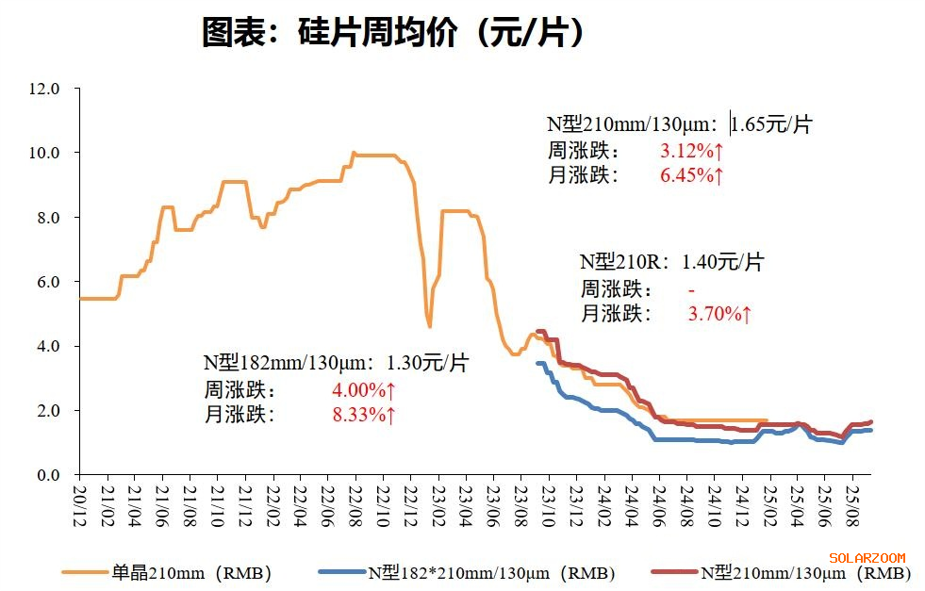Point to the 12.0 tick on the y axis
44,89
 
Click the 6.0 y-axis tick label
47,282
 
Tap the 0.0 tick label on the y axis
47,475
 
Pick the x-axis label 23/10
550,501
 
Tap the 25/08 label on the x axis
853,501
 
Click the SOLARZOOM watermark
867,557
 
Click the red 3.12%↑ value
692,150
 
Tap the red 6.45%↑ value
692,175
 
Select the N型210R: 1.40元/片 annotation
671,262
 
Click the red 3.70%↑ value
719,314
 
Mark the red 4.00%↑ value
364,389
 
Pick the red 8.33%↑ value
364,415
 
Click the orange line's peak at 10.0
354,153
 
